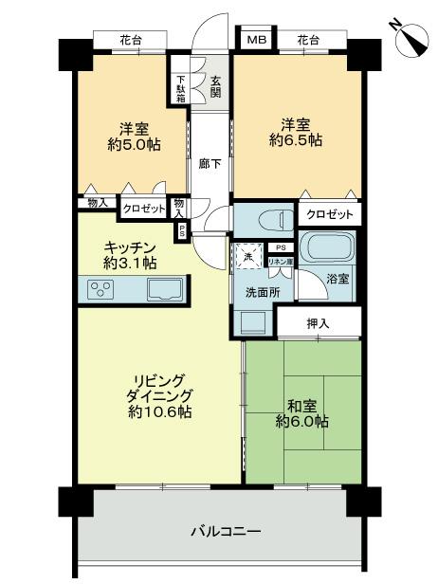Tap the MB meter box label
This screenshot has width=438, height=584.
click(x=256, y=41)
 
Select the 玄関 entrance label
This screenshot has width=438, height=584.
click(x=216, y=86)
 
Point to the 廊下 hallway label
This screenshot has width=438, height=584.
click(x=210, y=163)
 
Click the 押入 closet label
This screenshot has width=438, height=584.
click(x=319, y=324)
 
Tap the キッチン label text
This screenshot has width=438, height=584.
click(x=131, y=246)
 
